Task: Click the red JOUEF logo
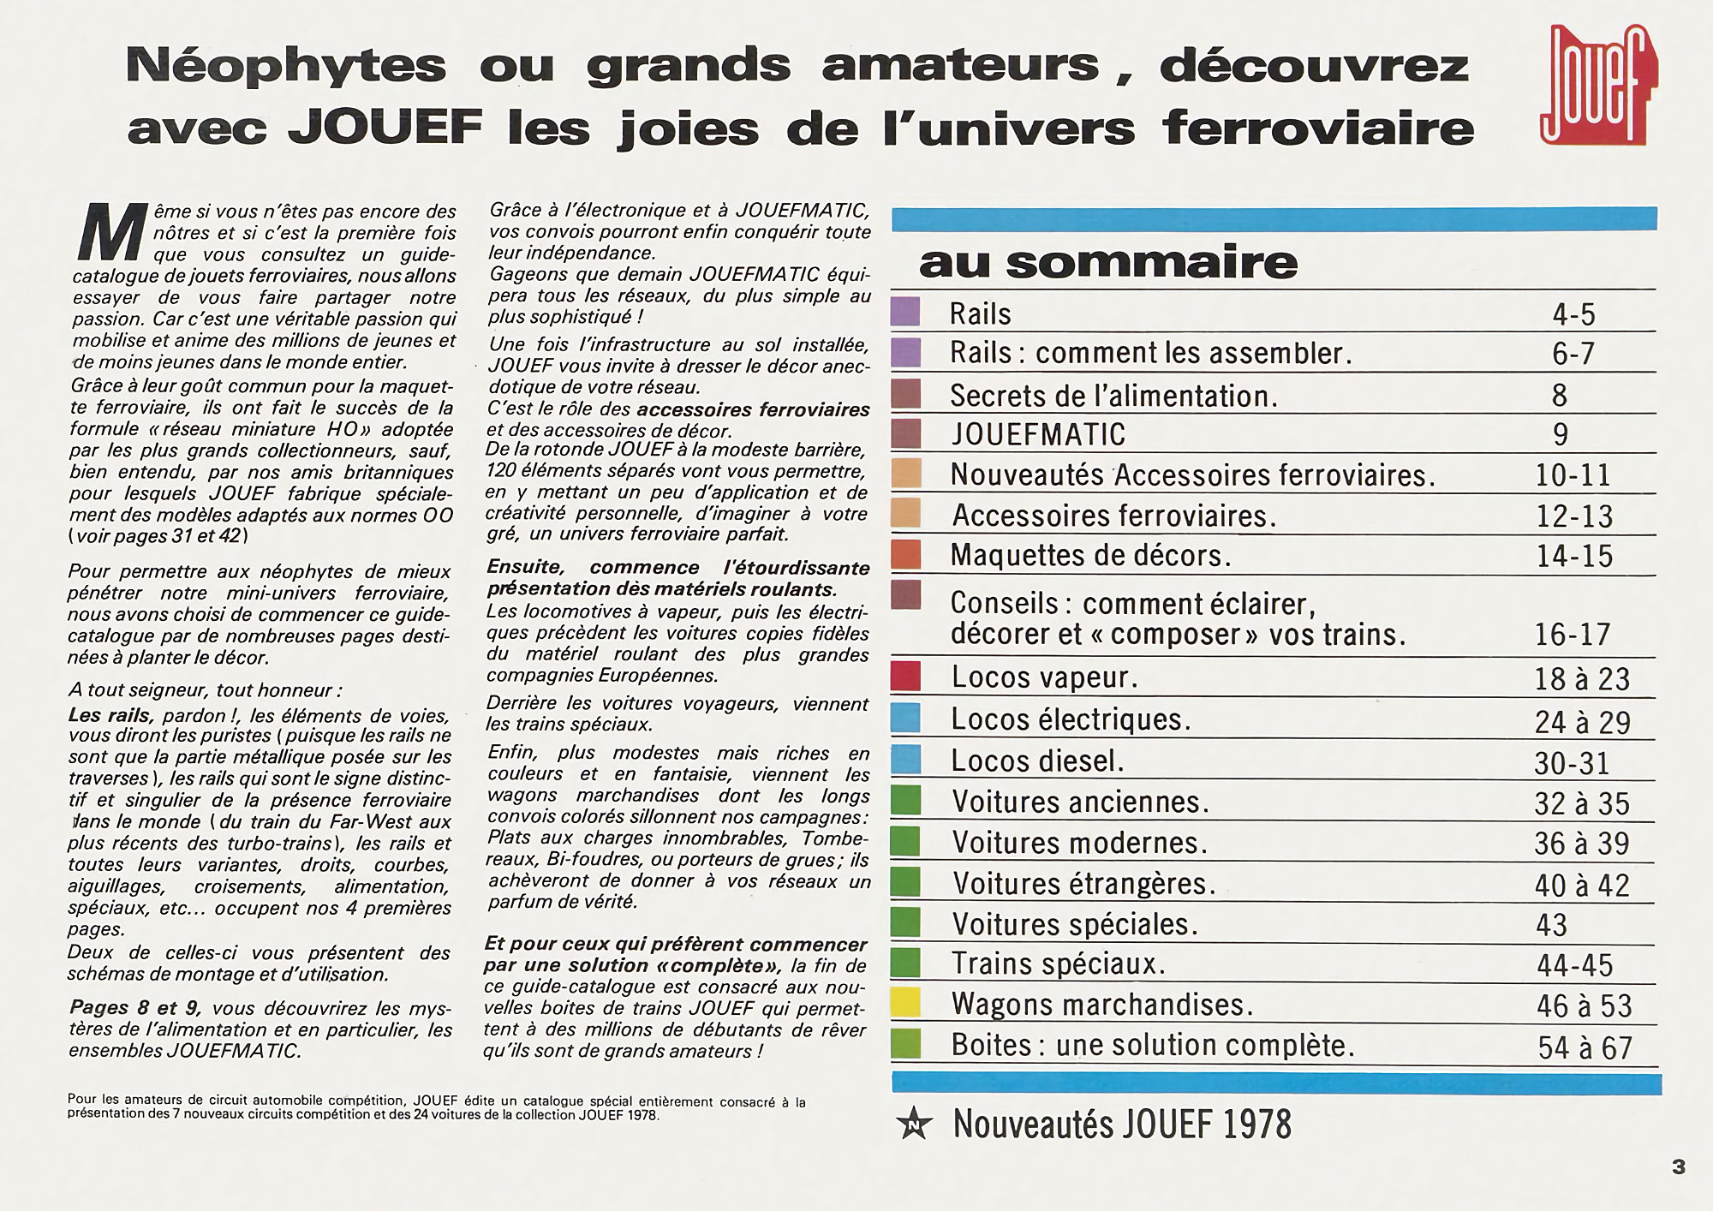click(x=1597, y=86)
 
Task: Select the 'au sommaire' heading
click(x=1107, y=262)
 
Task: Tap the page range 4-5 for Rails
click(x=1573, y=314)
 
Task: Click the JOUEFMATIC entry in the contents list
click(x=1038, y=434)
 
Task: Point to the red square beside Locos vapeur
click(x=905, y=677)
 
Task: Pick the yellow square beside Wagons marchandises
click(x=905, y=1003)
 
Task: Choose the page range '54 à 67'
click(x=1585, y=1047)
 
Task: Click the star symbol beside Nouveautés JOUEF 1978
click(x=914, y=1124)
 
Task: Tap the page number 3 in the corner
click(x=1678, y=1166)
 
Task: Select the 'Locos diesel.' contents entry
click(x=1037, y=761)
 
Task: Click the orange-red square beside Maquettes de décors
click(x=905, y=554)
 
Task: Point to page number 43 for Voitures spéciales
click(x=1551, y=925)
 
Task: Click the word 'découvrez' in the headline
click(x=1314, y=66)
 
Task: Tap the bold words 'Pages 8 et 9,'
click(x=134, y=1008)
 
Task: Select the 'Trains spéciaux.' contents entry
click(x=1059, y=964)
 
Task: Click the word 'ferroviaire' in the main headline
click(x=1318, y=128)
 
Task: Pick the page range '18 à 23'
click(x=1581, y=679)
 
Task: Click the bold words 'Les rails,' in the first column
click(x=110, y=715)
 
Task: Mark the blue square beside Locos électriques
click(x=905, y=718)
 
